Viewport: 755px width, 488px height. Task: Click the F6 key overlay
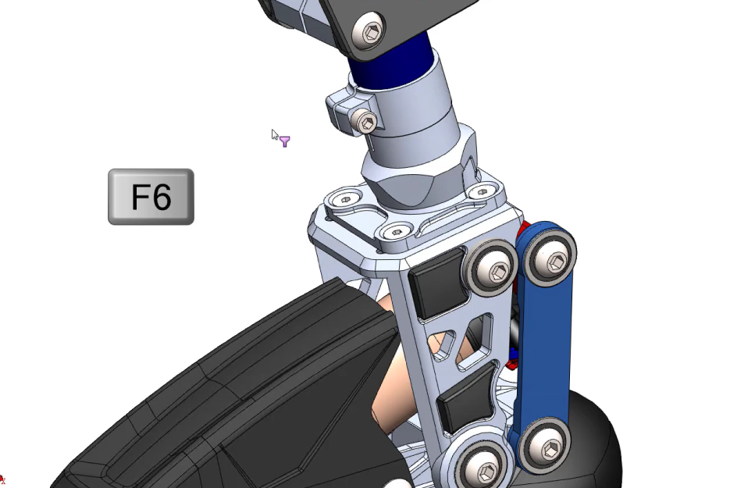click(151, 197)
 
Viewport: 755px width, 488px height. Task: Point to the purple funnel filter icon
click(285, 141)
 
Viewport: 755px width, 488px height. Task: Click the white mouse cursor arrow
click(275, 135)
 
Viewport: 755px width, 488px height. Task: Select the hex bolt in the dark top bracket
click(370, 32)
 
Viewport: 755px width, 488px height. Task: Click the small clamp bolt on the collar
click(366, 121)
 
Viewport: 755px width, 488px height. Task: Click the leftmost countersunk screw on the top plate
click(346, 199)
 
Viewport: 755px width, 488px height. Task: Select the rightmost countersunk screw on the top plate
click(483, 192)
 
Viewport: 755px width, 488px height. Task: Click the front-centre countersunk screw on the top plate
click(397, 232)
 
